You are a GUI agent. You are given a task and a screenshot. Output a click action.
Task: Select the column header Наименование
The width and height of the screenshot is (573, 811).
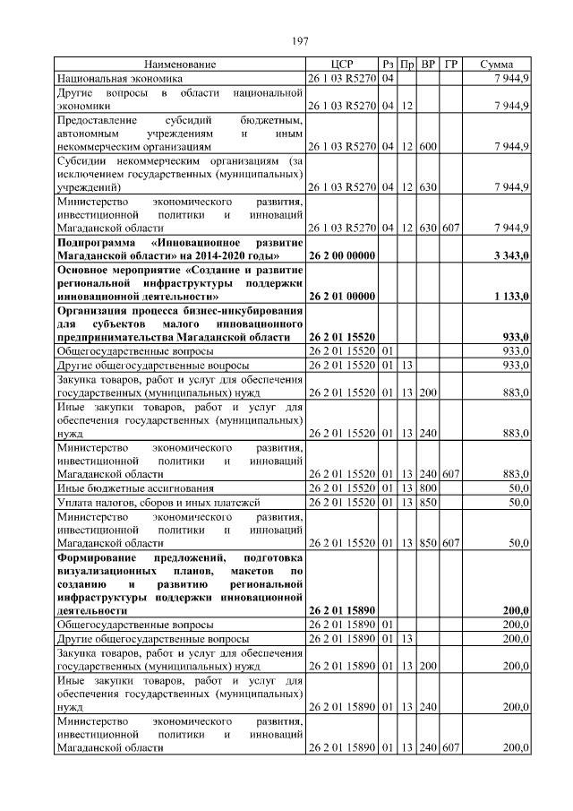pyautogui.click(x=179, y=65)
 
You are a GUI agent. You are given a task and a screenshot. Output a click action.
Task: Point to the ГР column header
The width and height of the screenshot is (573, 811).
pyautogui.click(x=451, y=65)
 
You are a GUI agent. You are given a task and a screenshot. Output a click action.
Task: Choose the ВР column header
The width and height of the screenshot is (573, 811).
pyautogui.click(x=428, y=65)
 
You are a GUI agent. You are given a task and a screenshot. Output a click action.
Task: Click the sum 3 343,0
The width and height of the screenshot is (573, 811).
pyautogui.click(x=511, y=256)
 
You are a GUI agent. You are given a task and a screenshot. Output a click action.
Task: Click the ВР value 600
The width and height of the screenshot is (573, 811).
pyautogui.click(x=428, y=145)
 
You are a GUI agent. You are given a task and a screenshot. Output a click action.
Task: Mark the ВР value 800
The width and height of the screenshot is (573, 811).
pyautogui.click(x=428, y=488)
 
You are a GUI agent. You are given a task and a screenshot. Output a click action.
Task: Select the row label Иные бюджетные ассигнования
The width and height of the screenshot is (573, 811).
pyautogui.click(x=134, y=488)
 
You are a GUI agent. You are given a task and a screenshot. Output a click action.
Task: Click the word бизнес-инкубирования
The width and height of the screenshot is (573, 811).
pyautogui.click(x=244, y=311)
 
